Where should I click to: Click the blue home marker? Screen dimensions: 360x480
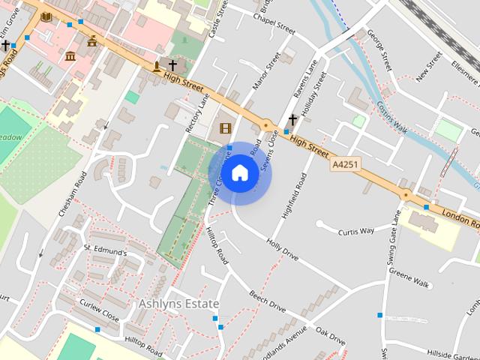click(x=239, y=173)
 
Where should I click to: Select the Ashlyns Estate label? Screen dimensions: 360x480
click(x=178, y=304)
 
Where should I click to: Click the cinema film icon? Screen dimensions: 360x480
click(x=225, y=128)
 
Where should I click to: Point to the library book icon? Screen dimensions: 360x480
click(x=46, y=16)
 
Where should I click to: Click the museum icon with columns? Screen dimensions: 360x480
click(x=70, y=56)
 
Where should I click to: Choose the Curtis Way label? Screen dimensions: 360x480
click(x=355, y=231)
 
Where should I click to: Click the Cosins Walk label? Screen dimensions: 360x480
click(x=391, y=118)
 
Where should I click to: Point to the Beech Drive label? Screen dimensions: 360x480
click(x=267, y=302)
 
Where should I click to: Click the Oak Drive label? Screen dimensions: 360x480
click(x=330, y=335)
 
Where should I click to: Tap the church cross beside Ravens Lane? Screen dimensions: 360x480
click(x=292, y=120)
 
